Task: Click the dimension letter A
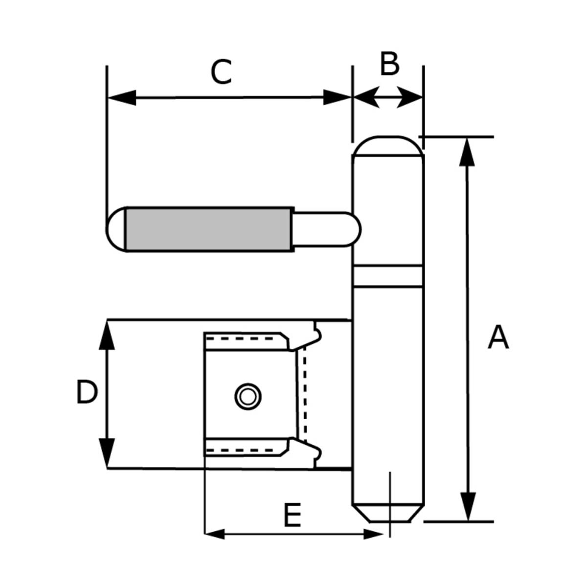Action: [498, 338]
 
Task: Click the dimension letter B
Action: [389, 64]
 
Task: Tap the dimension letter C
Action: [221, 72]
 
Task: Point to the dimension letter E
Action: [292, 515]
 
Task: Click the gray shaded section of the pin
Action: [209, 229]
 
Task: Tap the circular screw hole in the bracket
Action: [248, 396]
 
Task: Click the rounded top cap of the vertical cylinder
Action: [388, 146]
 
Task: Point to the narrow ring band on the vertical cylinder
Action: [388, 276]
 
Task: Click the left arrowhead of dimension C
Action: [120, 97]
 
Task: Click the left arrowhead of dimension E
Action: [215, 534]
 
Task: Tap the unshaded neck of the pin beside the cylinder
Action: [325, 228]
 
